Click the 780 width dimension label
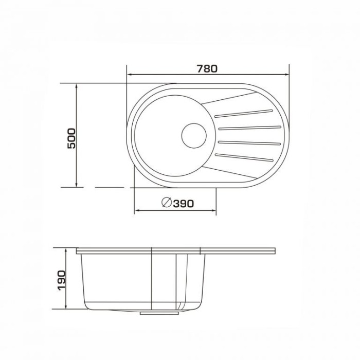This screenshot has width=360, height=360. (x=207, y=68)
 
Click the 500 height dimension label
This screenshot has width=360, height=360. (x=71, y=138)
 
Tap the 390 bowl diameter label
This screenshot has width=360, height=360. (x=183, y=204)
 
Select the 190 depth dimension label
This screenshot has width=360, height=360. (x=62, y=281)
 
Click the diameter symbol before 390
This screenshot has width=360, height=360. (x=167, y=202)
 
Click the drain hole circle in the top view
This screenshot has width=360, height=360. (x=194, y=136)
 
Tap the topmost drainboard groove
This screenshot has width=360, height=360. (x=244, y=114)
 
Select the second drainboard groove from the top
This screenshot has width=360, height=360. (x=250, y=128)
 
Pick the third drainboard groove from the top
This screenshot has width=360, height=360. (x=249, y=143)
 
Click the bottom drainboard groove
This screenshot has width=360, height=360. (x=244, y=157)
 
